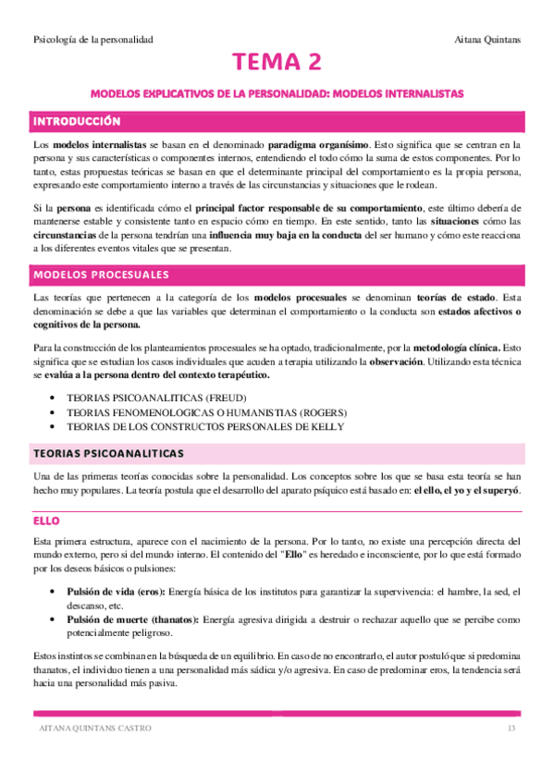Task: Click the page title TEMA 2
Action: (x=277, y=63)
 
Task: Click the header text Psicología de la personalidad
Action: (x=92, y=40)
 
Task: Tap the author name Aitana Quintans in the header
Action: (x=488, y=40)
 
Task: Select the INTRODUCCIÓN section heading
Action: (x=78, y=121)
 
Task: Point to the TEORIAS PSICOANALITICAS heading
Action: (x=108, y=453)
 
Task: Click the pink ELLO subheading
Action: (x=46, y=521)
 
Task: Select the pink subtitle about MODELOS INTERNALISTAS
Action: (x=277, y=93)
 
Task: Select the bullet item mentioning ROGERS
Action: (x=208, y=411)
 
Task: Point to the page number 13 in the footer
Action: (x=511, y=729)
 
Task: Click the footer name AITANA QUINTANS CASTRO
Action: (x=90, y=729)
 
